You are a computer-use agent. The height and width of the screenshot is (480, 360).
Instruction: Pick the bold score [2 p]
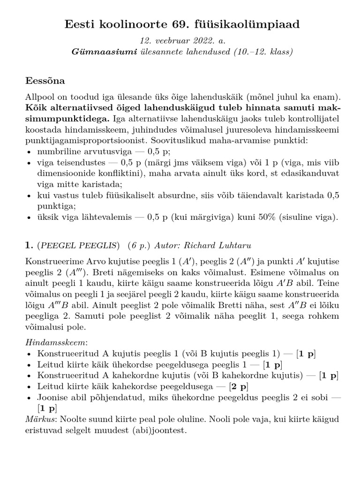[x=239, y=387]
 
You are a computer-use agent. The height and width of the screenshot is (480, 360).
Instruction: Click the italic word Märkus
[x=39, y=419]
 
